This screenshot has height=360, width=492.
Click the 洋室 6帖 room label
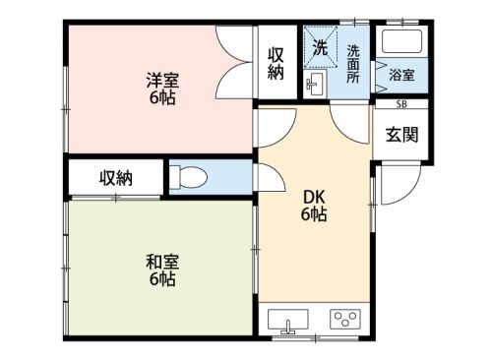pos(162,89)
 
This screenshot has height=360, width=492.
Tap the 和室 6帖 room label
pos(162,270)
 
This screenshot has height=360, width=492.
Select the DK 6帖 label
pos(314,206)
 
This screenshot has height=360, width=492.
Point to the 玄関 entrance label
pos(402,135)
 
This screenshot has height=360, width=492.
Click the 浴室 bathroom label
pos(401,75)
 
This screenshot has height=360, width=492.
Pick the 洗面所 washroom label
pos(353,64)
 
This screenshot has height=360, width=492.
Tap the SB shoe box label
pos(401,104)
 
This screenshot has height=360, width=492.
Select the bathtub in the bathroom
pos(401,41)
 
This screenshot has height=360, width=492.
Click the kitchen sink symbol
pos(288,320)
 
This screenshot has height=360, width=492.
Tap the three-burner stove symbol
pos(345,319)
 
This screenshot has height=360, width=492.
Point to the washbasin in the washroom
pos(315,84)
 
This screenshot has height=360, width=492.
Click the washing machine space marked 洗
pos(321,47)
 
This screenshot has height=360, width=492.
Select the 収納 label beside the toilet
pos(116,178)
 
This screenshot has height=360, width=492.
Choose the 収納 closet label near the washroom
pos(276,64)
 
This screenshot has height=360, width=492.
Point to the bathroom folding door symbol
pos(381,76)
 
